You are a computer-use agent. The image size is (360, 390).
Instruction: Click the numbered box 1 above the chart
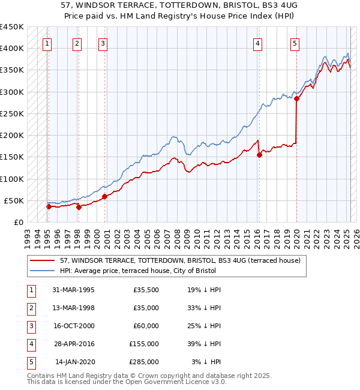(47, 43)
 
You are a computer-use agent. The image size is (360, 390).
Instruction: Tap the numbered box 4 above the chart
(257, 43)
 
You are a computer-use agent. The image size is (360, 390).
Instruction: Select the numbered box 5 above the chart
(295, 43)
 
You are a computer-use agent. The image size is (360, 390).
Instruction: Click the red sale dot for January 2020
(297, 99)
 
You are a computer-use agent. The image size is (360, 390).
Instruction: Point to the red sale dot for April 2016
(260, 155)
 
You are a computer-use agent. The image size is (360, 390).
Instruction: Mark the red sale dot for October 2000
(104, 196)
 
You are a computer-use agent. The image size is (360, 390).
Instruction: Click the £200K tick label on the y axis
(12, 135)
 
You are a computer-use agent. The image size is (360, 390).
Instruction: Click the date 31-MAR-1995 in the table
(73, 290)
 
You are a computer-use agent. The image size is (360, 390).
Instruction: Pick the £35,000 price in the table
(145, 308)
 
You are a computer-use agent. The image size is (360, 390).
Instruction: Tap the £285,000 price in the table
(144, 362)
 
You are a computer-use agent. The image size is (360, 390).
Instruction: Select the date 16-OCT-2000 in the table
(73, 326)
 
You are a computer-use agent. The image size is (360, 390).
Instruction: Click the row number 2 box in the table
(30, 308)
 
